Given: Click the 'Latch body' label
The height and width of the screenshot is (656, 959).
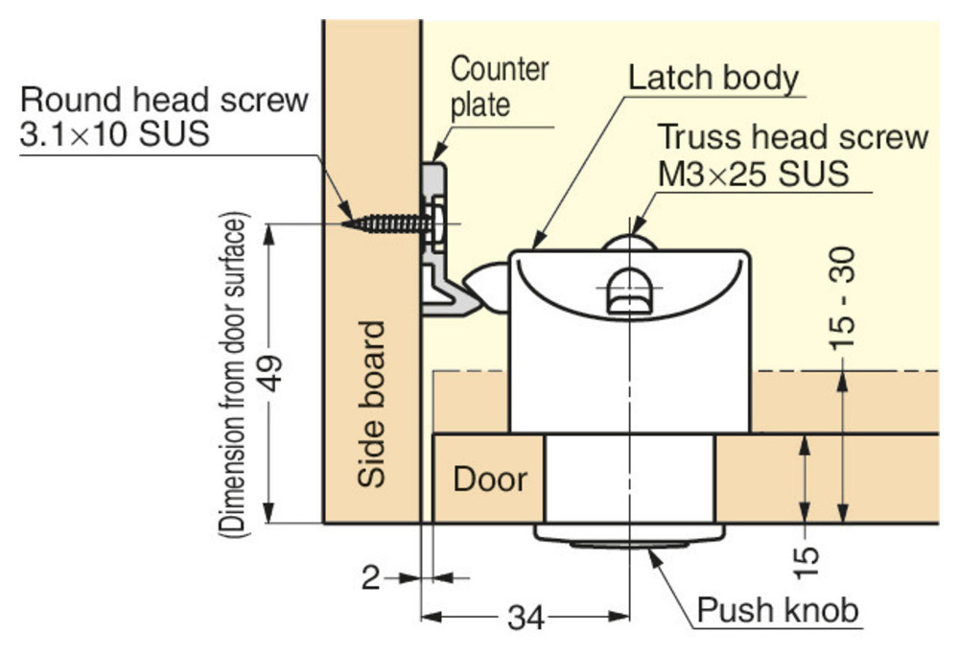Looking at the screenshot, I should point(713,78).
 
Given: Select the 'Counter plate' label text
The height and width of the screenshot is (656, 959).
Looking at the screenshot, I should point(500,86).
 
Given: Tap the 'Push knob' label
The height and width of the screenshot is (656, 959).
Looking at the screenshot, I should point(778,609).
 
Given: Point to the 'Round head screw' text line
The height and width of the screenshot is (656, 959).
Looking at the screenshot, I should point(164,99).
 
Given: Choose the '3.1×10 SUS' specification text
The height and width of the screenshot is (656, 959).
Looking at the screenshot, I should point(113,132).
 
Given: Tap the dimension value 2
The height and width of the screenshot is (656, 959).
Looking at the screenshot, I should point(370,577).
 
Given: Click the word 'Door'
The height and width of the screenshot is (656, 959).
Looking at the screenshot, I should point(490,479).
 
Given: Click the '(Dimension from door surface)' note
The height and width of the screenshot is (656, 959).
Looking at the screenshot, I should point(234,373).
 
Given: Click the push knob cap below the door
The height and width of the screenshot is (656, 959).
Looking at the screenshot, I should point(628,535).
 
